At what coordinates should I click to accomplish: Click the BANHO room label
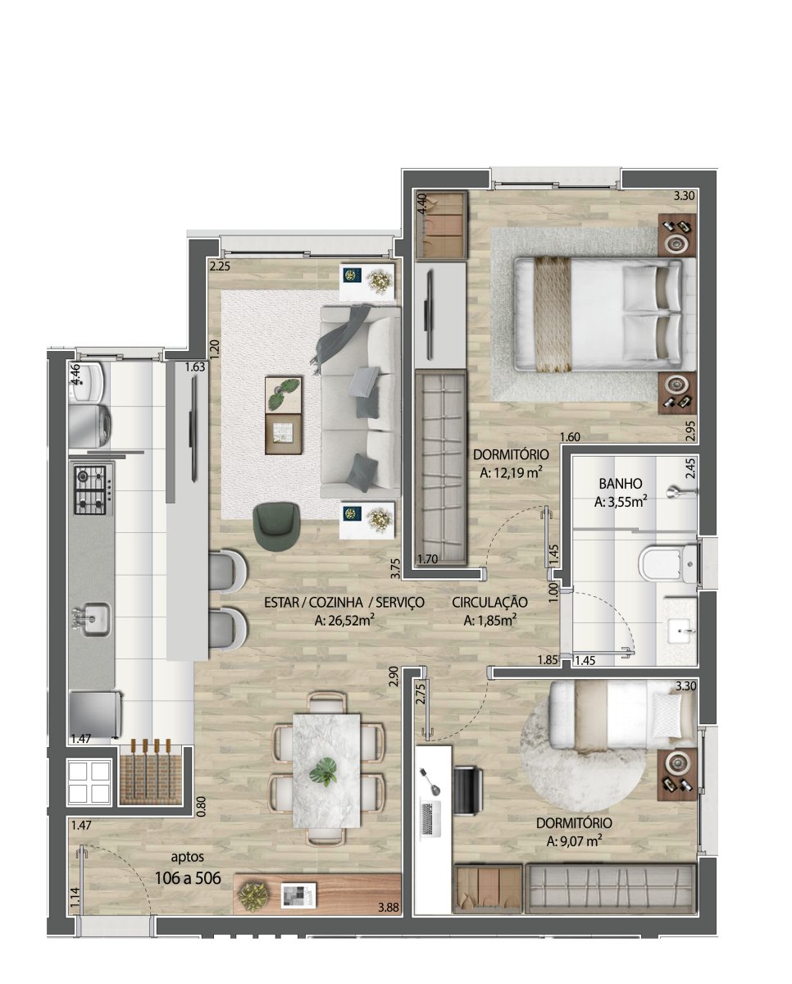pos(621,483)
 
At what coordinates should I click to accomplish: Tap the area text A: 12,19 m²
pos(511,473)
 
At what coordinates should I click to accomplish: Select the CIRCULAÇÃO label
pos(489,602)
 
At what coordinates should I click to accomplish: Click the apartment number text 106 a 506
pos(188,877)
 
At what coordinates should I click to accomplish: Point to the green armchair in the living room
pos(277,526)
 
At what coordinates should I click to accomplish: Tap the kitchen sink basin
pos(92,620)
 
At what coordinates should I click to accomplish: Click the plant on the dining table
pos(324,772)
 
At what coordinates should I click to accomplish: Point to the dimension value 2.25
pos(220,266)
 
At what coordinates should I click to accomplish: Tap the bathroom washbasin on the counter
pos(681,631)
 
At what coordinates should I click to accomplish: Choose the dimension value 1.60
pos(570,437)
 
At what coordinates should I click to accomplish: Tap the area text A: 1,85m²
pos(489,621)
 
